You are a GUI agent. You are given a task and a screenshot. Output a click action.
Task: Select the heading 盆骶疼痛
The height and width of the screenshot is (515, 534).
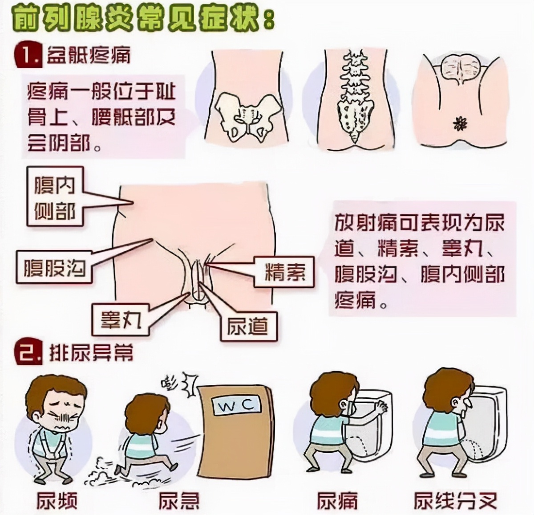click(89, 56)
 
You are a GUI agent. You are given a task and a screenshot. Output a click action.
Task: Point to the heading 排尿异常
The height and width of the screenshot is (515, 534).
click(91, 353)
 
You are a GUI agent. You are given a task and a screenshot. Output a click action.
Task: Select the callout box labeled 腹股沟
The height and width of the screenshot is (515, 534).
click(54, 268)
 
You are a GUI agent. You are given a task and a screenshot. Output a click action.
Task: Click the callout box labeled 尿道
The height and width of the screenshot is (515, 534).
click(248, 327)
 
